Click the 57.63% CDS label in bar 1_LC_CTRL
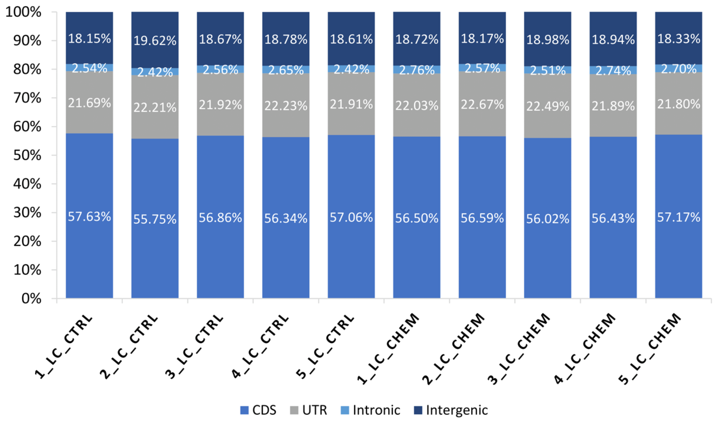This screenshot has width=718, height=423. tap(89, 217)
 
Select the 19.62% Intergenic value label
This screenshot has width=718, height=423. tap(155, 41)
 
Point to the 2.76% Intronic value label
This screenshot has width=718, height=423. tap(416, 70)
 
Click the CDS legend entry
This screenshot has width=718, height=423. tap(258, 410)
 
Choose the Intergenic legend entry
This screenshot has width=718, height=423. tap(451, 410)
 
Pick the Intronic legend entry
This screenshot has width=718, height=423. tap(371, 410)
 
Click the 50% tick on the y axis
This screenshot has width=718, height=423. tap(27, 155)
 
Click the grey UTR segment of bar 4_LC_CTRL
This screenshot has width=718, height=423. tap(286, 91)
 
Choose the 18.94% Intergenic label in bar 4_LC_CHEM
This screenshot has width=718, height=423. tap(613, 40)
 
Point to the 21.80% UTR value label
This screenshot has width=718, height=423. tap(678, 104)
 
